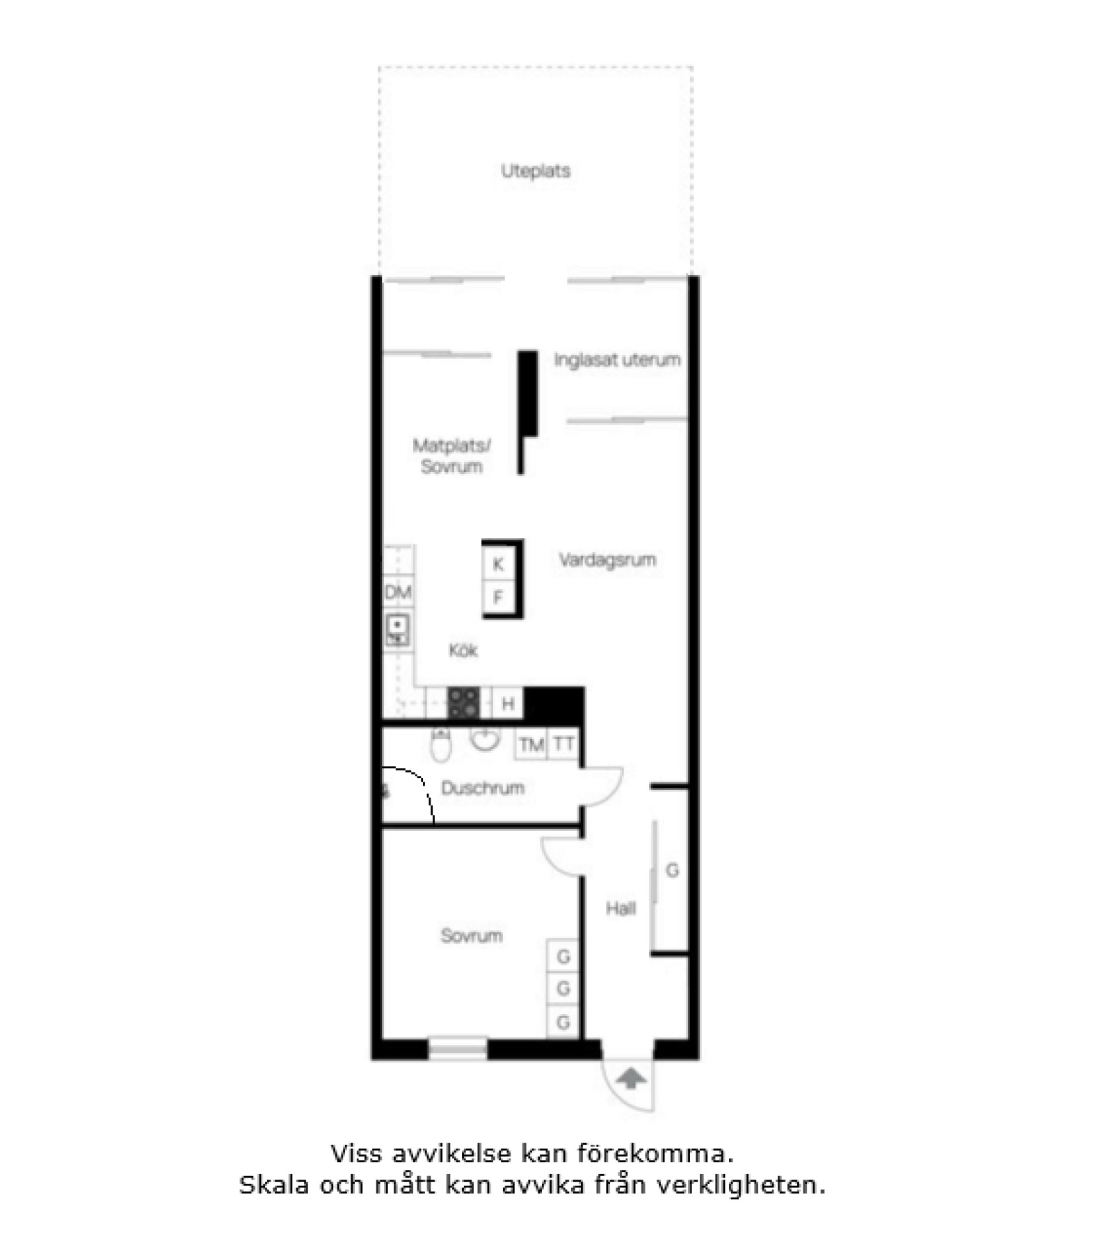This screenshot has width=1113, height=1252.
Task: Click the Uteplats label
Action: (x=536, y=171)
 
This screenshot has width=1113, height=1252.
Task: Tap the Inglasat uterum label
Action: (x=617, y=360)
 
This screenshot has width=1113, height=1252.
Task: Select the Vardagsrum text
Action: (x=607, y=560)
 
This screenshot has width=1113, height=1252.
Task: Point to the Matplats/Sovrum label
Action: (x=451, y=456)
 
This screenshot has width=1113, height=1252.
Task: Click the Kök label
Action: (x=463, y=650)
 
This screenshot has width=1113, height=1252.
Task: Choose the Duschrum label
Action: (x=483, y=788)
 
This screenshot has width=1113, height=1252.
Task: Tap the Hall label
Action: (x=620, y=908)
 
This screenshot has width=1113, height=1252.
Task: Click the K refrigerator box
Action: (x=499, y=564)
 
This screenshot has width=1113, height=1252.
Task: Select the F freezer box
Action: (x=499, y=596)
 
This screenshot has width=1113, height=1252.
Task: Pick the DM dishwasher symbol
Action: (x=399, y=592)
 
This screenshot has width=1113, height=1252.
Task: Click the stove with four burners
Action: (x=463, y=702)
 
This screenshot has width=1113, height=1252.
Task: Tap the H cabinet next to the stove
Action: (x=508, y=703)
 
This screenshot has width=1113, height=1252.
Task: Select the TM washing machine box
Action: (x=531, y=745)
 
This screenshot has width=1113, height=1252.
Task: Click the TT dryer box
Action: (x=563, y=744)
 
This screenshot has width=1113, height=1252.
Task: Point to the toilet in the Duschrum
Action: (x=441, y=744)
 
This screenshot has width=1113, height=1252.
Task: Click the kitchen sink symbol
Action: (x=398, y=631)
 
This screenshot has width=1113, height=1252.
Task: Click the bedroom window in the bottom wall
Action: (x=457, y=1049)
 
